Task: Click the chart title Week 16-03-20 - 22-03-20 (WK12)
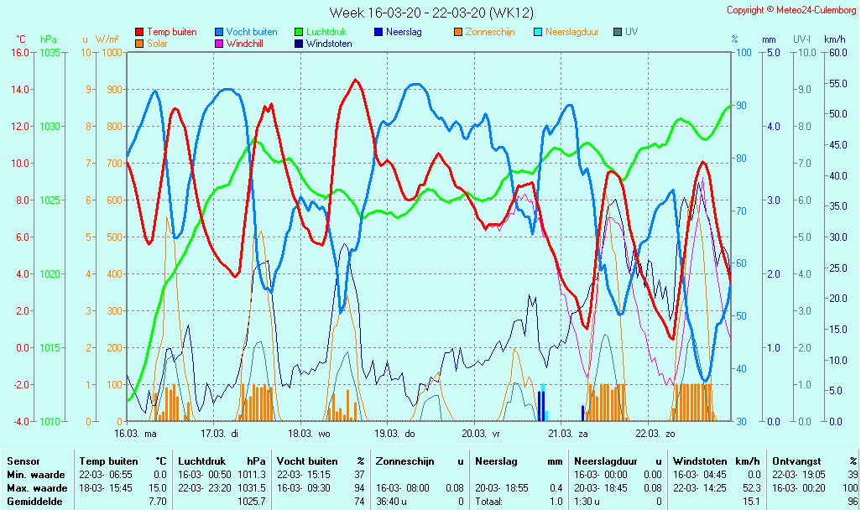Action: point(431,13)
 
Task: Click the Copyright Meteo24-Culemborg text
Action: point(791,10)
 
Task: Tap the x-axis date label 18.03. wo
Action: point(310,434)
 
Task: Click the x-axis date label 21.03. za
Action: point(568,434)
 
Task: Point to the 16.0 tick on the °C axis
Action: point(20,52)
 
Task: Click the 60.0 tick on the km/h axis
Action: point(834,52)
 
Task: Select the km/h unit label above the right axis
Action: point(834,39)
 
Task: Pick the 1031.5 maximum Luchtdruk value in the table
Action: point(251,488)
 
